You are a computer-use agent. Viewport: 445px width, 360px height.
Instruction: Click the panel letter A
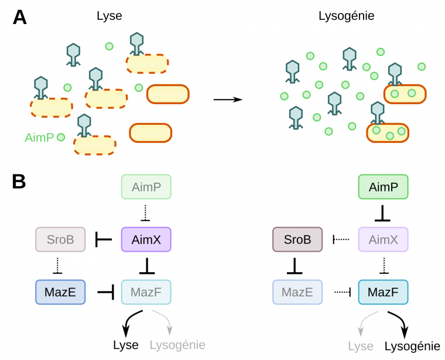point(19,17)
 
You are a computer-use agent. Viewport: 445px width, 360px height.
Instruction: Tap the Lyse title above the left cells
point(109,16)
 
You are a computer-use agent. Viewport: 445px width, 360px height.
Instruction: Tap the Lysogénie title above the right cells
point(343,16)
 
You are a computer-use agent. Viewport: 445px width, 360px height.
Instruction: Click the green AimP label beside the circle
point(39,138)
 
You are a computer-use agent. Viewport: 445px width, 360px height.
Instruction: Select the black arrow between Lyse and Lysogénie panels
point(228,100)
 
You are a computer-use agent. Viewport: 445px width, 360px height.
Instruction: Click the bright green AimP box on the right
point(382,188)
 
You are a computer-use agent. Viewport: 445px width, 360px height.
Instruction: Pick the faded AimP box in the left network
point(145,187)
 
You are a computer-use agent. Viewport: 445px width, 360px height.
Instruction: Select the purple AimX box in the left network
point(145,239)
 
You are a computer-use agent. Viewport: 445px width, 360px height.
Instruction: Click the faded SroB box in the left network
point(61,239)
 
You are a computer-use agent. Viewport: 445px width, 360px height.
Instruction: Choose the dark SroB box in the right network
point(297,239)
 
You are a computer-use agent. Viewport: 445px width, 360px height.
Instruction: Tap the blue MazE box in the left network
point(61,291)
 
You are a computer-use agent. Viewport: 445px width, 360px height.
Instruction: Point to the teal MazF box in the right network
point(382,291)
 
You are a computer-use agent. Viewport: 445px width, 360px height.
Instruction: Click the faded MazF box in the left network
point(145,291)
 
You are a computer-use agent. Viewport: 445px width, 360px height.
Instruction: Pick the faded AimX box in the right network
point(382,239)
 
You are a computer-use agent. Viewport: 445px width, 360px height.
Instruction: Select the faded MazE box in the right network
point(297,291)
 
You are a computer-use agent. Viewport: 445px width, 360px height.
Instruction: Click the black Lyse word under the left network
point(125,345)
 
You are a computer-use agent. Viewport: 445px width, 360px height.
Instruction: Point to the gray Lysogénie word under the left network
point(177,345)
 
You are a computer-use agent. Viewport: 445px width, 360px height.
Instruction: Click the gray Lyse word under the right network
point(361,346)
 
